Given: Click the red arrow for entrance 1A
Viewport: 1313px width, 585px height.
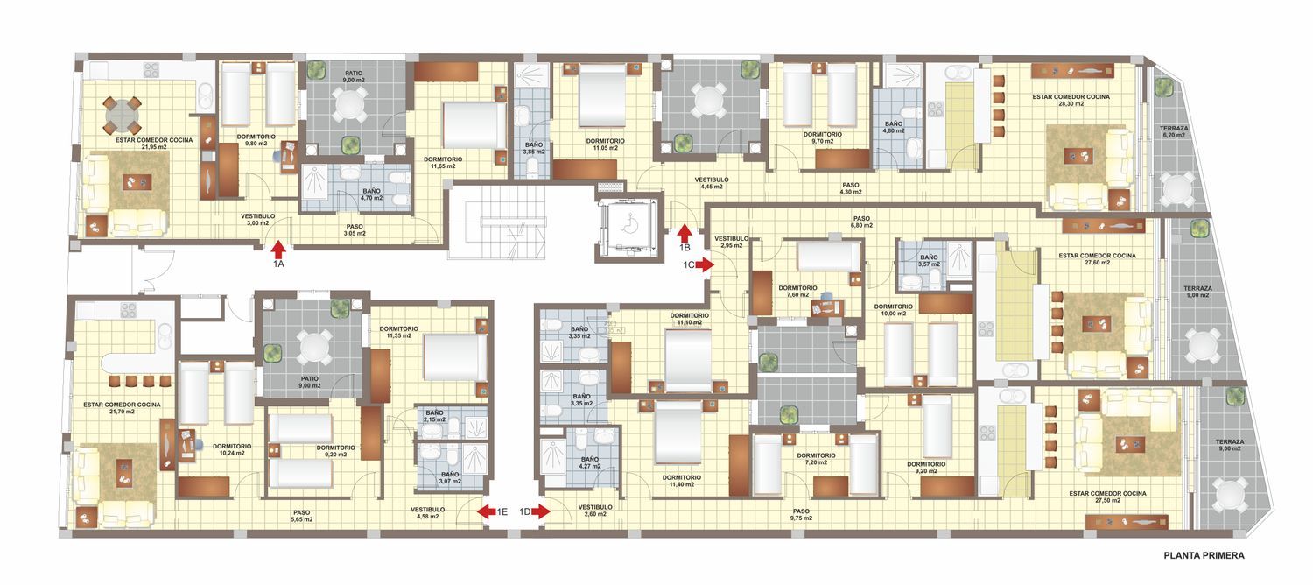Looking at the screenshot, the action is (278, 250).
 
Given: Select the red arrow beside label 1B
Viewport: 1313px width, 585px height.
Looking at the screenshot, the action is (684, 233).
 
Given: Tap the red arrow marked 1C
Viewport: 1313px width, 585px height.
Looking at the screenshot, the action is (705, 265).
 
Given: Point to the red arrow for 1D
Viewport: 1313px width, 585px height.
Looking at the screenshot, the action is (541, 511).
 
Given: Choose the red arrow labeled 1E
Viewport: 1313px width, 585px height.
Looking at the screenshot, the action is (486, 511).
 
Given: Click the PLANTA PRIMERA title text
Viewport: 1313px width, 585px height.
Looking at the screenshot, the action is (1204, 556).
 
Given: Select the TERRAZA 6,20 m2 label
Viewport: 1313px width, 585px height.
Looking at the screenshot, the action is (1174, 132).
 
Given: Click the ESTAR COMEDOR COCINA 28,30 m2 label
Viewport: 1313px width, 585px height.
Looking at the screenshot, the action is (1071, 100).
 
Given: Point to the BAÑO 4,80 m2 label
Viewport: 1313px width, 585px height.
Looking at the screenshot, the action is (894, 127).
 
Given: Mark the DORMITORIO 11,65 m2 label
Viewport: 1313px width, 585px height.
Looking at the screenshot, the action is (443, 162).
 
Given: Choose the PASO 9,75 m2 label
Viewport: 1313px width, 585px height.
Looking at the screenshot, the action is (801, 515).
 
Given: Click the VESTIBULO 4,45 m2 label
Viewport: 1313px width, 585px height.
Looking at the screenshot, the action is (712, 183).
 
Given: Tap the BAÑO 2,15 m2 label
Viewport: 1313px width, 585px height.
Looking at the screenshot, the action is (435, 416).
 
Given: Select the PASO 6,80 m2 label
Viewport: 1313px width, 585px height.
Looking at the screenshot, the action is (861, 222).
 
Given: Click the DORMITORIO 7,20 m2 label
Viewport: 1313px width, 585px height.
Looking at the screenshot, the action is (816, 459).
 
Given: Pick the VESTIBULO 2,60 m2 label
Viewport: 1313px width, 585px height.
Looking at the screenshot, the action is (595, 511).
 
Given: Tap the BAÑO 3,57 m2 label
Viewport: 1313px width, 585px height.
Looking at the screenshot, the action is (929, 261).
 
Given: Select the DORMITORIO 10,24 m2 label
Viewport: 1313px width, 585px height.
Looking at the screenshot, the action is (232, 449).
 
